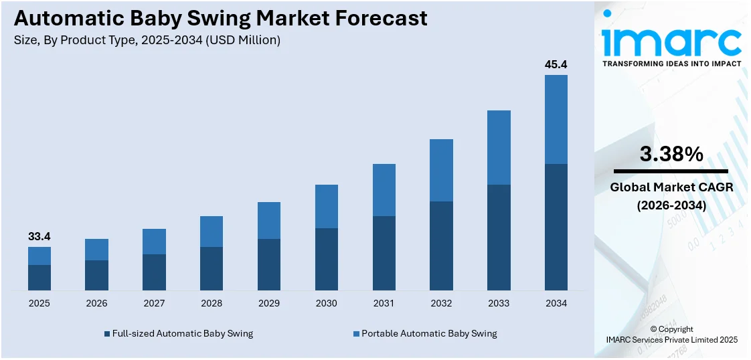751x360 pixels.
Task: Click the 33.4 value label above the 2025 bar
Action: [x=39, y=237]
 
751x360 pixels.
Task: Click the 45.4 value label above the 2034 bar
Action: [x=556, y=65]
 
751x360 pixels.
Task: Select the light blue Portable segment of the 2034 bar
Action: [x=556, y=119]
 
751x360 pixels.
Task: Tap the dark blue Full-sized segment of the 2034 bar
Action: [x=556, y=227]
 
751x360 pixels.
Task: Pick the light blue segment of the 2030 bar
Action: [x=327, y=206]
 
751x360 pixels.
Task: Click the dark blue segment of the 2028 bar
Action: [x=212, y=268]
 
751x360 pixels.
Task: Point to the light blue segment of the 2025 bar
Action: [x=39, y=256]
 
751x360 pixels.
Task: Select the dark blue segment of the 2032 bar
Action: [x=441, y=246]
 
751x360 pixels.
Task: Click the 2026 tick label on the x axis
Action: [x=96, y=303]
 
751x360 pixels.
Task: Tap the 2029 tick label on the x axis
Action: [x=269, y=303]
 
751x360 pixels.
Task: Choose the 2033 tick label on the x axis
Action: [x=499, y=303]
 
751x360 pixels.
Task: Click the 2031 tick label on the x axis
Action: [x=384, y=303]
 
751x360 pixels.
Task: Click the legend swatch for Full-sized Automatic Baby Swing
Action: [x=106, y=333]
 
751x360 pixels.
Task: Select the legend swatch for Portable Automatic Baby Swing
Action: [x=356, y=333]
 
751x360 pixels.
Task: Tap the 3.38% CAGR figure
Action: [x=671, y=155]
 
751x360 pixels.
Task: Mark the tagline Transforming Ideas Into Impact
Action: [x=671, y=64]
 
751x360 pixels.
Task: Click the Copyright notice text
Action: [x=671, y=329]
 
